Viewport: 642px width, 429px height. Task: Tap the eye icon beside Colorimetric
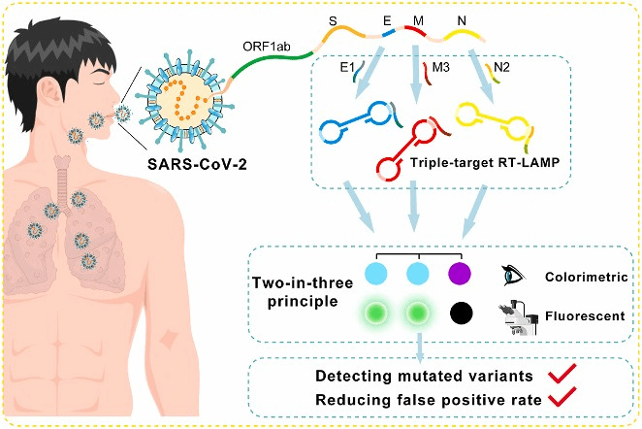(x=512, y=276)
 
